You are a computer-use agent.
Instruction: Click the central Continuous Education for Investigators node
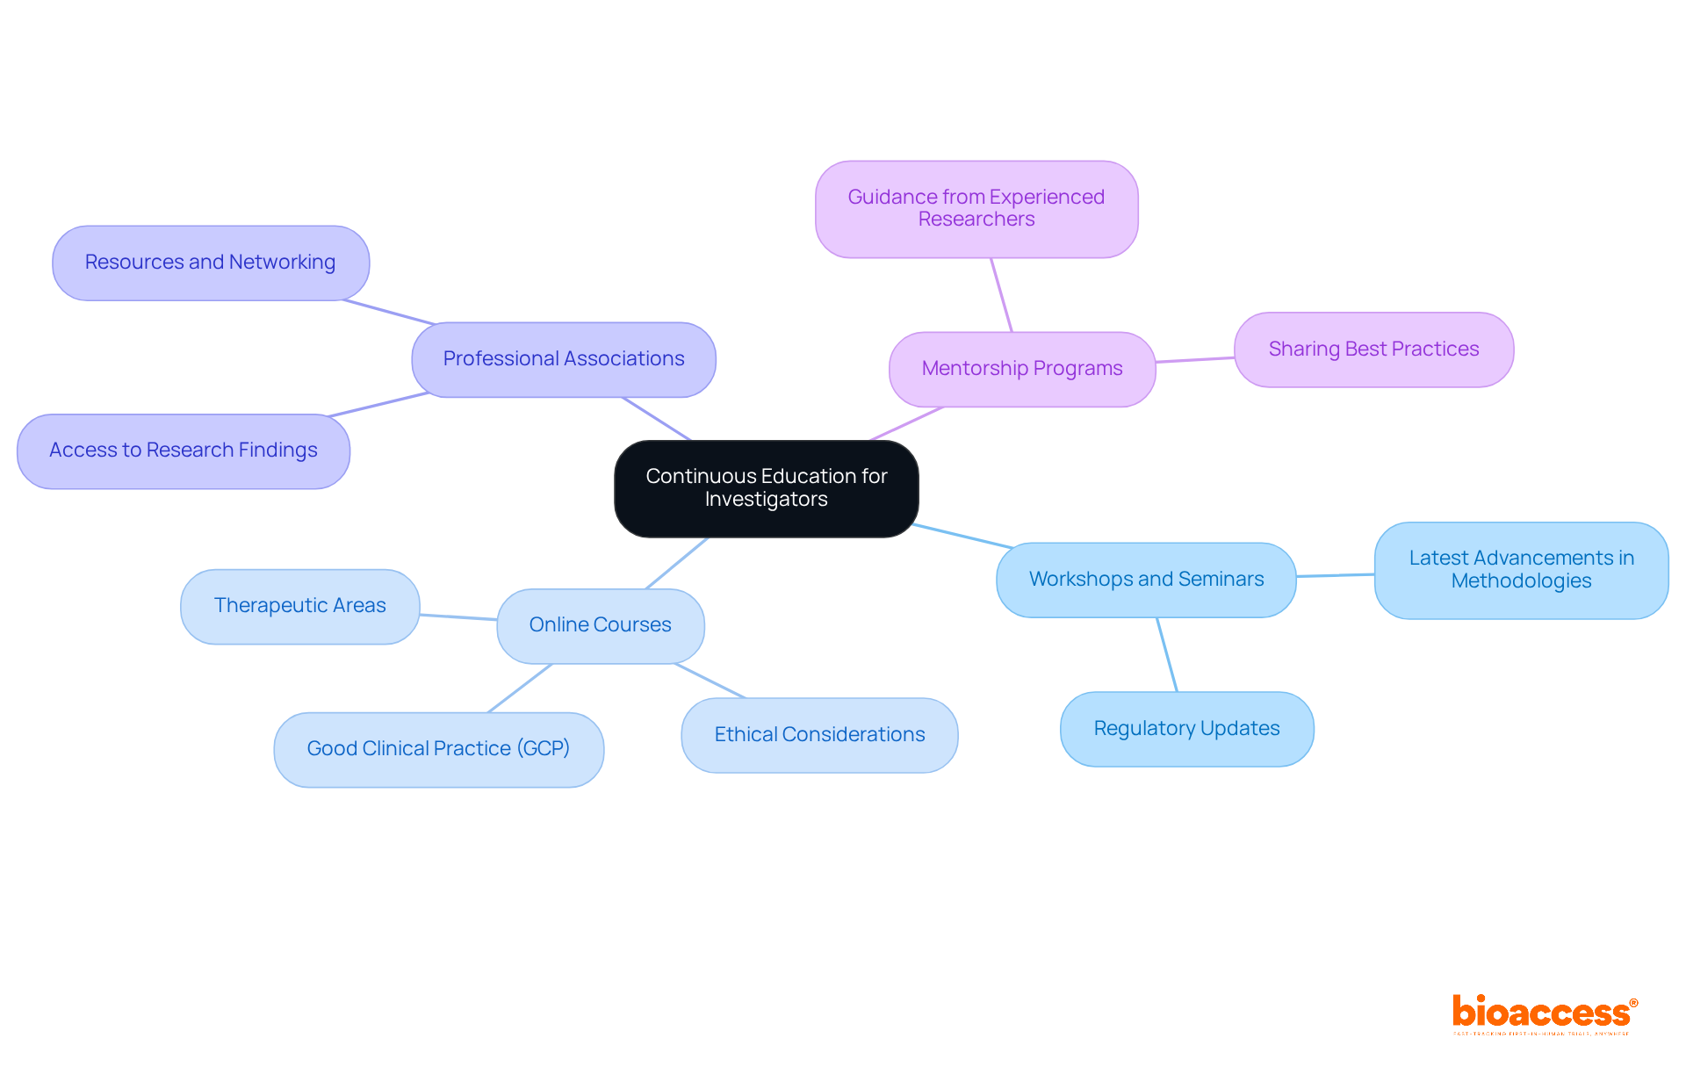[766, 488]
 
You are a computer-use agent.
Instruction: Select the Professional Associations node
[563, 359]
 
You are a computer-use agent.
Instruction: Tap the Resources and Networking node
[210, 263]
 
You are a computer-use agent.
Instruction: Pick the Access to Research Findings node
[183, 451]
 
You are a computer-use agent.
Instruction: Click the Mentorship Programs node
[1021, 369]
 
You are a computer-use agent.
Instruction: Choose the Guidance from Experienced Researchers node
[976, 209]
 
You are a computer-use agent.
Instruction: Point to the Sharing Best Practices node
[1373, 350]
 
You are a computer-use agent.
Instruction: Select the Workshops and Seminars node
[1145, 580]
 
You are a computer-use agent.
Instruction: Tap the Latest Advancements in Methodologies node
[1520, 570]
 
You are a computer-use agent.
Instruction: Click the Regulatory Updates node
[1185, 729]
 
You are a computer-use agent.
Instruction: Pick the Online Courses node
[600, 625]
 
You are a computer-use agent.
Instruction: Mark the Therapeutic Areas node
[299, 606]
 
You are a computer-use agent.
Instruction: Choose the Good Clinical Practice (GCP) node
[437, 749]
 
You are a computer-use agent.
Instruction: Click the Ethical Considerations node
[818, 735]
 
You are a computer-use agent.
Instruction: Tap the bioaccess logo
[1543, 1013]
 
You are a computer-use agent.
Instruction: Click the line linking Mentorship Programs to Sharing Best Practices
[1194, 360]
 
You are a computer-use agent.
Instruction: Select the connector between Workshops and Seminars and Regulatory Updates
[1167, 654]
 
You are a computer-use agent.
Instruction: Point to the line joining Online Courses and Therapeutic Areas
[458, 617]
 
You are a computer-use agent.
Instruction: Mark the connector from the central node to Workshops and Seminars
[962, 536]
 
